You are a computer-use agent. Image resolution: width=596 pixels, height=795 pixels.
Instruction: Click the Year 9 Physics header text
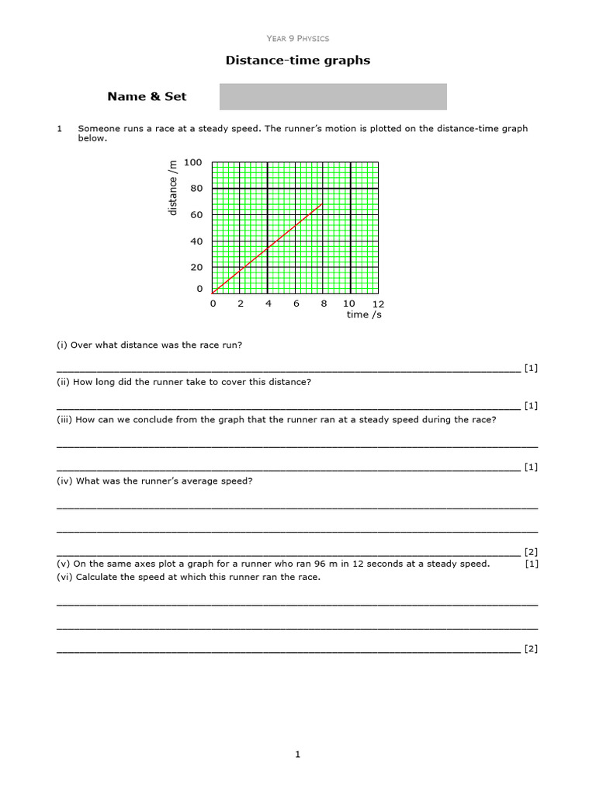tap(297, 38)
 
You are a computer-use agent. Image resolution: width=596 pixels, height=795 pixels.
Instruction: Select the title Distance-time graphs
tap(297, 60)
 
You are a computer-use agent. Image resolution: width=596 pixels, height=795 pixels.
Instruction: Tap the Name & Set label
tap(147, 96)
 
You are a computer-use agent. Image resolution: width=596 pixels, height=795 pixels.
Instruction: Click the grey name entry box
tap(334, 97)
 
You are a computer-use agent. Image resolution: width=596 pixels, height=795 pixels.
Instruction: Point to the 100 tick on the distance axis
tap(192, 162)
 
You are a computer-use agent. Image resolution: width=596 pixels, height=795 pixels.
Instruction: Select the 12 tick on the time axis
tap(378, 304)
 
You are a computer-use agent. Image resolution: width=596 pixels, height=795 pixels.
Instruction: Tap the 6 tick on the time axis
tap(296, 304)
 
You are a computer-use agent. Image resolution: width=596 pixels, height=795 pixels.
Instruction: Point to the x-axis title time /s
tap(364, 315)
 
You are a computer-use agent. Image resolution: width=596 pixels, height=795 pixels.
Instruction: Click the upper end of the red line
tap(322, 203)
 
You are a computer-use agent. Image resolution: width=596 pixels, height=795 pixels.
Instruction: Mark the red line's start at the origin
tap(213, 293)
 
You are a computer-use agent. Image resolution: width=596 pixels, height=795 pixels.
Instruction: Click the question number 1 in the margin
tap(59, 129)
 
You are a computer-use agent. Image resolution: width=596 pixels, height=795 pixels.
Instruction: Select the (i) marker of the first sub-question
tap(62, 345)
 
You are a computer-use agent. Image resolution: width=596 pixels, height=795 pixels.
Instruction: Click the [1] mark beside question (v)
tap(531, 564)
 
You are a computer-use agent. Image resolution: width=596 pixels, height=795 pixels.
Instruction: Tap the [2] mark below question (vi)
tap(531, 649)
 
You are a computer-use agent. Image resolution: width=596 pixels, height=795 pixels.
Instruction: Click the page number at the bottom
tap(297, 754)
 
